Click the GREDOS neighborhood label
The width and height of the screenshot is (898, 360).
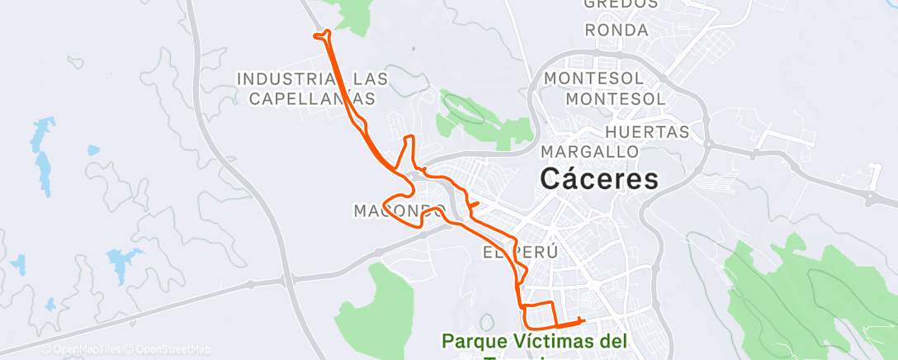(x=621, y=4)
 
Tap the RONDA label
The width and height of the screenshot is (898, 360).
(x=616, y=31)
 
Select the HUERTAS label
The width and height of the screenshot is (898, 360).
(x=647, y=132)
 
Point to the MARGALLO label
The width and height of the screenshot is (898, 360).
(x=590, y=152)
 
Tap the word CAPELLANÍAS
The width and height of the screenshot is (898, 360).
(x=311, y=98)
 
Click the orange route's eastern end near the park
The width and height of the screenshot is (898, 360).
(x=583, y=320)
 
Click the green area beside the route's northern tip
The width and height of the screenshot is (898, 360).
(x=351, y=15)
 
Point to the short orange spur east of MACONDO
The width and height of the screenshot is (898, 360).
(x=474, y=204)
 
